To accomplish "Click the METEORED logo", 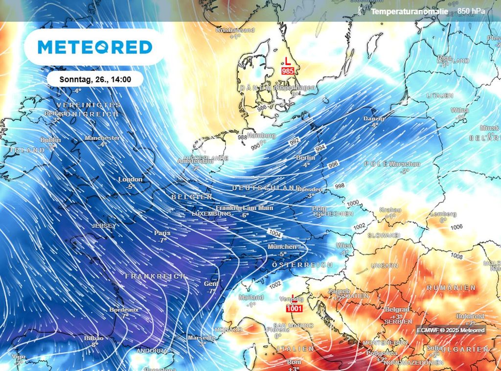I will pyautogui.click(x=95, y=47).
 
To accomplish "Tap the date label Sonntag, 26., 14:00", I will pyautogui.click(x=95, y=79).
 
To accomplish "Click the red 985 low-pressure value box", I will pyautogui.click(x=287, y=71).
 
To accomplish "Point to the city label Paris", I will pyautogui.click(x=162, y=233).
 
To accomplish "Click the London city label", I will pyautogui.click(x=131, y=180).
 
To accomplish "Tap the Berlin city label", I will pyautogui.click(x=306, y=158).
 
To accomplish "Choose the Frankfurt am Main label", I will pyautogui.click(x=245, y=208).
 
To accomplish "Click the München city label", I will pyautogui.click(x=282, y=247).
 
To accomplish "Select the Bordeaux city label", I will pyautogui.click(x=124, y=310).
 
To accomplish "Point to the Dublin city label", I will pyautogui.click(x=51, y=140).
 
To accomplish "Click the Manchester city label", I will pyautogui.click(x=102, y=138).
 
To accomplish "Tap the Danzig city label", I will pyautogui.click(x=374, y=119).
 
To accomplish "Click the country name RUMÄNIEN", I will pyautogui.click(x=451, y=287).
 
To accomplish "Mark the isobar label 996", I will pyautogui.click(x=333, y=164).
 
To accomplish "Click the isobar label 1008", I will pyautogui.click(x=456, y=256).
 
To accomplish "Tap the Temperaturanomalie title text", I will pyautogui.click(x=410, y=11).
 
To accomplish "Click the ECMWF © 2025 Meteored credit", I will pyautogui.click(x=451, y=330).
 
